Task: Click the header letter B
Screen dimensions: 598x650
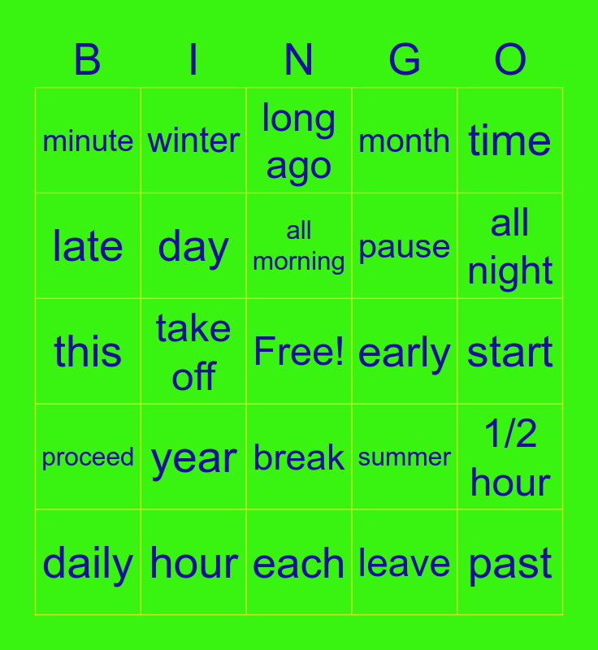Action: pyautogui.click(x=88, y=59)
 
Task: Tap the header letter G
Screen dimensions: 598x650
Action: pyautogui.click(x=405, y=59)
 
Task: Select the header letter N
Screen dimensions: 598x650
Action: pyautogui.click(x=298, y=59)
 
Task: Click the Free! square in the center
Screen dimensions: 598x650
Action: pyautogui.click(x=299, y=351)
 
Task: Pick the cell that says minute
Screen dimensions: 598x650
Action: pyautogui.click(x=88, y=140)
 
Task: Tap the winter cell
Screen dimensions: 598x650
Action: pyautogui.click(x=193, y=140)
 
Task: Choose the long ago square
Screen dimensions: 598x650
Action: pyautogui.click(x=299, y=140)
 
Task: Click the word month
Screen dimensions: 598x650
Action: pyautogui.click(x=404, y=141)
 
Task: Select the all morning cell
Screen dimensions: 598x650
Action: pyautogui.click(x=299, y=246)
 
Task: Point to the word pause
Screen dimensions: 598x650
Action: pyautogui.click(x=404, y=248)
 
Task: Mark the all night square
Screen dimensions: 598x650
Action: pyautogui.click(x=509, y=246)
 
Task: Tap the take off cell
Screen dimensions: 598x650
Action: pyautogui.click(x=193, y=351)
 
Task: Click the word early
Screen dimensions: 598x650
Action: pyautogui.click(x=404, y=353)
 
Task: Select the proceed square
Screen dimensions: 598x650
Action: pyautogui.click(x=88, y=457)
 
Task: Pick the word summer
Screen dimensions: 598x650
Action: pyautogui.click(x=404, y=457)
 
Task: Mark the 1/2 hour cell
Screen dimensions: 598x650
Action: pyautogui.click(x=509, y=457)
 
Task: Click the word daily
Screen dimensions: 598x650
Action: pyautogui.click(x=88, y=564)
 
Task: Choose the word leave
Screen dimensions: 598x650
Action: pyautogui.click(x=404, y=562)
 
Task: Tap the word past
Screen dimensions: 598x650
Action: pyautogui.click(x=509, y=565)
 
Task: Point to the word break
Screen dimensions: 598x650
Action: pyautogui.click(x=299, y=457)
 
